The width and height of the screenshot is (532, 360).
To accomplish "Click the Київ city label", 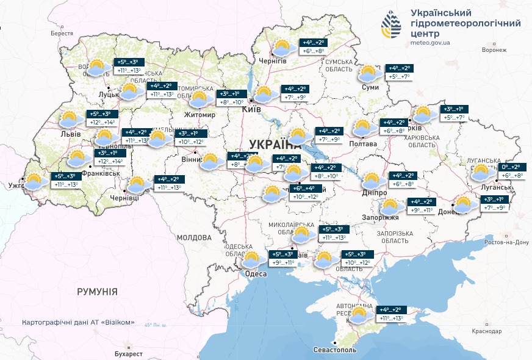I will tap(251, 109).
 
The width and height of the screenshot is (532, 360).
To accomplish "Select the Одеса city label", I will tap(256, 274).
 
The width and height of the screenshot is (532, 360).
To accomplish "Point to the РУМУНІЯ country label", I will tap(97, 292).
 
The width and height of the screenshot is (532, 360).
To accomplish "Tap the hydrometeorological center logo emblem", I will tap(393, 24).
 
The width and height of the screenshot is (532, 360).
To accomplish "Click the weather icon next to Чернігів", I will tap(281, 48).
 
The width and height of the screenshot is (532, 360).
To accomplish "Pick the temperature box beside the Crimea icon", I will tap(392, 314).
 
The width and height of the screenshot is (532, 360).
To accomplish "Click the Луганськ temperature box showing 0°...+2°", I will tap(511, 171).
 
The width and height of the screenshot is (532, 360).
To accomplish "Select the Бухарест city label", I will tap(128, 353).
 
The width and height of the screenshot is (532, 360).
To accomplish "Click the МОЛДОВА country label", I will tap(193, 237).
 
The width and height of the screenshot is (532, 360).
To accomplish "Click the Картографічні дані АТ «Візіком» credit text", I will tap(78, 322).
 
